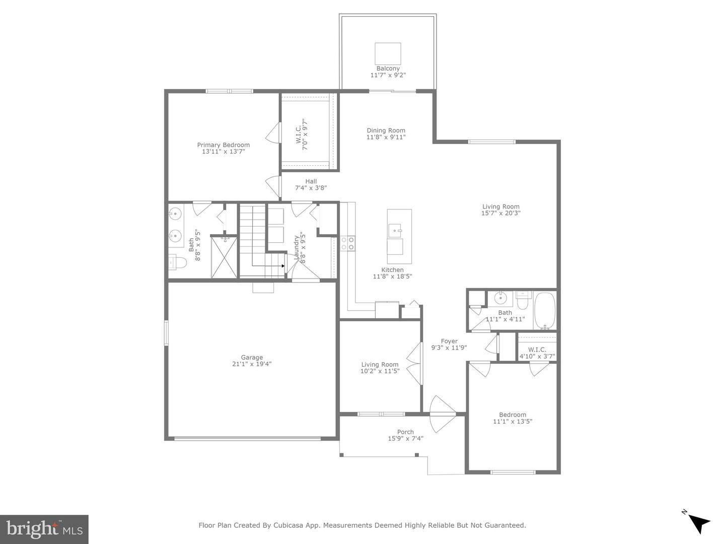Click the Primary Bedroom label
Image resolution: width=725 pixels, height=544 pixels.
[x=223, y=145]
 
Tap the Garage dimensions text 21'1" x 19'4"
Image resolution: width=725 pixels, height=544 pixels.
[x=251, y=364]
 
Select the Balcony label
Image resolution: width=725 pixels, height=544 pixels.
[x=388, y=69]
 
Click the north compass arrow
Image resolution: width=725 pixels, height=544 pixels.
[x=698, y=522]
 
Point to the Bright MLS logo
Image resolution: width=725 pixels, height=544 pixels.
[x=44, y=529]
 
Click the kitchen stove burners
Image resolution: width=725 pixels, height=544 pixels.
[x=347, y=243]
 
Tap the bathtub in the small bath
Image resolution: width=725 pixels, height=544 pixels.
[x=544, y=310]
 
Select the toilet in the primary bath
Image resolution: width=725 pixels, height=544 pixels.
[x=178, y=262]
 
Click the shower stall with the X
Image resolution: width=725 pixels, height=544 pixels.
[x=223, y=257]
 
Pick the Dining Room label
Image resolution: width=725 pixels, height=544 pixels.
[x=386, y=130]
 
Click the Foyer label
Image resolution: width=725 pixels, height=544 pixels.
[x=449, y=341]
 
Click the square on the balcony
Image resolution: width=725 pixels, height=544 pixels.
[x=388, y=53]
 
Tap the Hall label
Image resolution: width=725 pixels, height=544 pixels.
[x=311, y=181]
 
